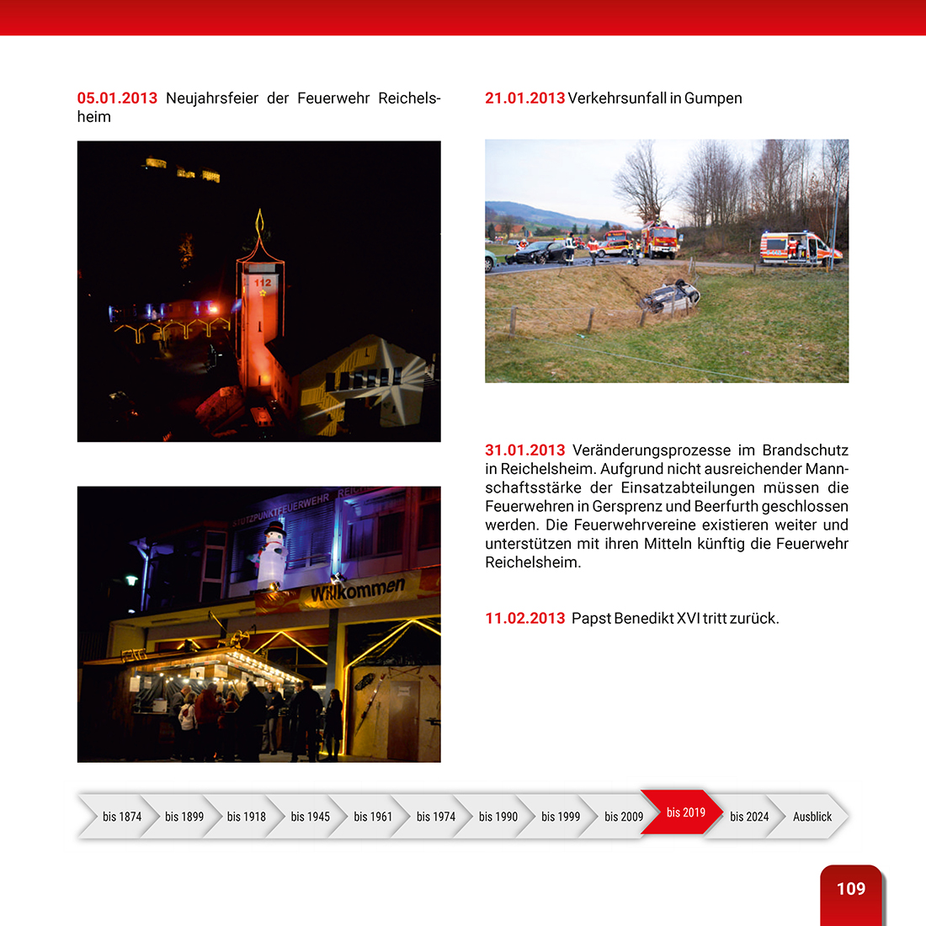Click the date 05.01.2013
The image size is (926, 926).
point(117,98)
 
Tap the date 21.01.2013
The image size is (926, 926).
point(524,98)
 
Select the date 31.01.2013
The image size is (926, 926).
point(524,450)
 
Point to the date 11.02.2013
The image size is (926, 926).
point(524,618)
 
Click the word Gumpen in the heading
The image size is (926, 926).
point(713,98)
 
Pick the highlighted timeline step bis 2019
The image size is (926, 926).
point(685,812)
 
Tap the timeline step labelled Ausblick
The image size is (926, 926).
point(812,817)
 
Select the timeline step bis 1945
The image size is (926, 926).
point(310,817)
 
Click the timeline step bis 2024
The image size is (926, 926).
point(749,817)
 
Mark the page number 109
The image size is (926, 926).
point(851,889)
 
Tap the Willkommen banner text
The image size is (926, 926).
point(358,590)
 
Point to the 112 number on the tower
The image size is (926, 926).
point(263,283)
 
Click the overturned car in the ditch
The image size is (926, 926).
point(670,296)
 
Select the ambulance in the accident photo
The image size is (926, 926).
point(799,248)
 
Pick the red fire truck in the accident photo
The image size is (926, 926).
point(659,239)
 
